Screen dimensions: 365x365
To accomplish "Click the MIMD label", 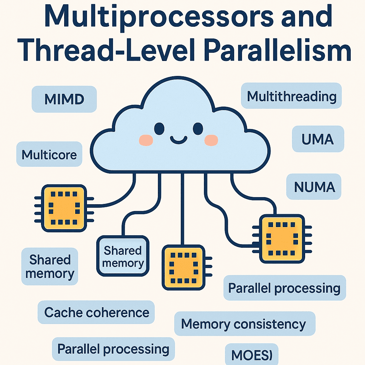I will click(64, 99).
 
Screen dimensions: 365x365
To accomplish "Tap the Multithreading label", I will click(292, 96).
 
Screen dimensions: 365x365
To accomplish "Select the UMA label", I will click(318, 139).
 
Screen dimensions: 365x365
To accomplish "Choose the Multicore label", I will click(49, 155).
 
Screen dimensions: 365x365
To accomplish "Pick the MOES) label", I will click(252, 355).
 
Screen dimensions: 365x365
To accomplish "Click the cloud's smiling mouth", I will click(179, 139).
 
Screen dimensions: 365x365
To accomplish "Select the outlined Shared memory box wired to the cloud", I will click(123, 256).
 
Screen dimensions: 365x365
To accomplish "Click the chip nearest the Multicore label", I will click(65, 208).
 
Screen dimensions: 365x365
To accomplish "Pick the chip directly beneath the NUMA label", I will click(282, 238).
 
